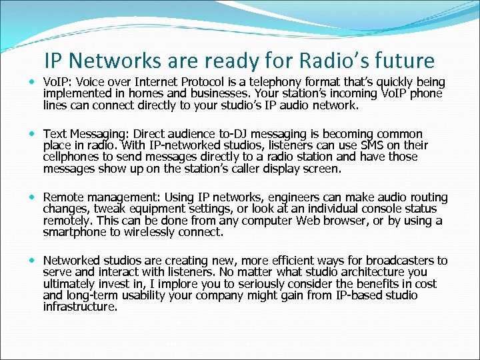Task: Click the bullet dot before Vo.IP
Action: (34, 83)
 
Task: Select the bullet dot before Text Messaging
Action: (34, 134)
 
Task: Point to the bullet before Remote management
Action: (34, 198)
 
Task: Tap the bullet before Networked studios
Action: (34, 261)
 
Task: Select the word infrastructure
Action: (79, 307)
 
